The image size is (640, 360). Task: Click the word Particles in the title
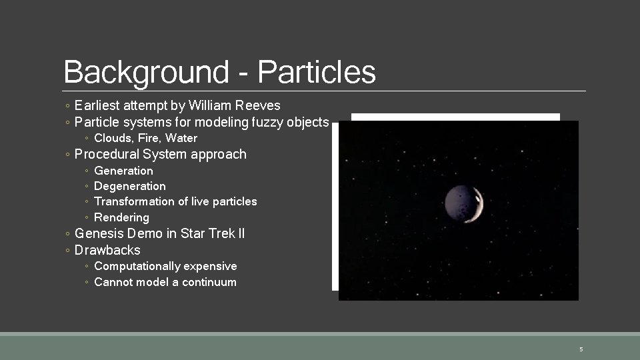[317, 72]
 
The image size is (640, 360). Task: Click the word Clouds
[112, 138]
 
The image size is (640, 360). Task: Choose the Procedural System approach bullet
[160, 154]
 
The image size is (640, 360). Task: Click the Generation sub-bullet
[123, 171]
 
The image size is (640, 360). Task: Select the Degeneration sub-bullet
[130, 186]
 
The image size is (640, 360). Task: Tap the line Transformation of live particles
[175, 201]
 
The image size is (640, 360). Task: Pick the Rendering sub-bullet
[121, 217]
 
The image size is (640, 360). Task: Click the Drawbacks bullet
[107, 250]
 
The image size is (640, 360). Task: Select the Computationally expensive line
[165, 266]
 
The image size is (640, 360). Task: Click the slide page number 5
[581, 349]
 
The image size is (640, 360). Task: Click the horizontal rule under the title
[325, 91]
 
